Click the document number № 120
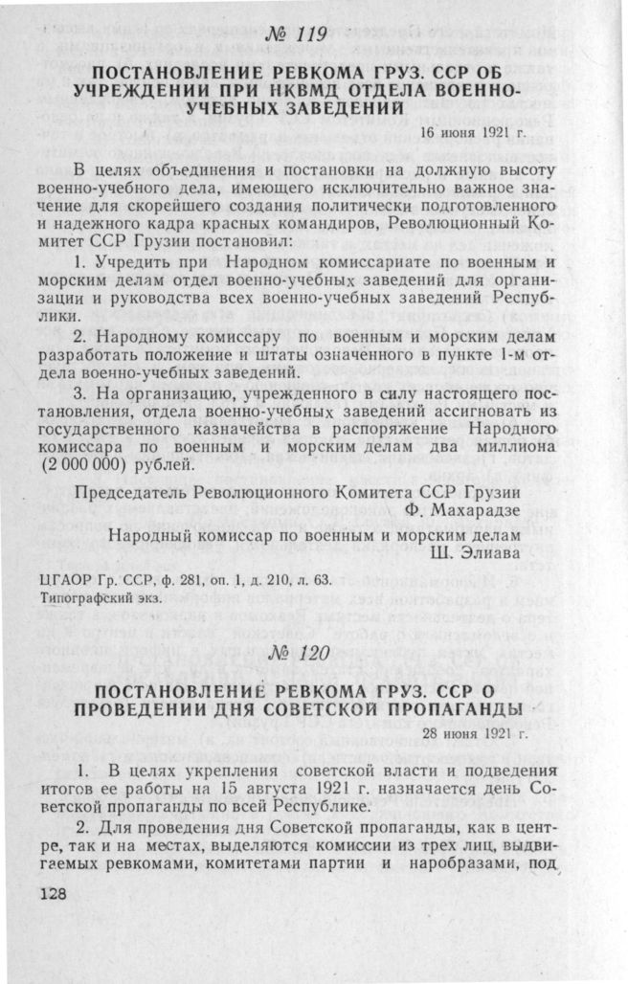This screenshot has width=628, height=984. pyautogui.click(x=300, y=656)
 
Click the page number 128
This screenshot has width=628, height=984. pyautogui.click(x=58, y=891)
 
